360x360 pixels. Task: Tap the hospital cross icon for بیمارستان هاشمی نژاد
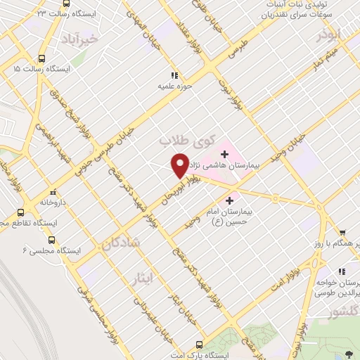225,153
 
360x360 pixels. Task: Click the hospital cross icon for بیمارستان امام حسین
229,200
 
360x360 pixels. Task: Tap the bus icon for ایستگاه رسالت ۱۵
41,59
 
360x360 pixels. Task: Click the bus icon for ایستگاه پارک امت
199,345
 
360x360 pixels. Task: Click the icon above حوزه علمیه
174,75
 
